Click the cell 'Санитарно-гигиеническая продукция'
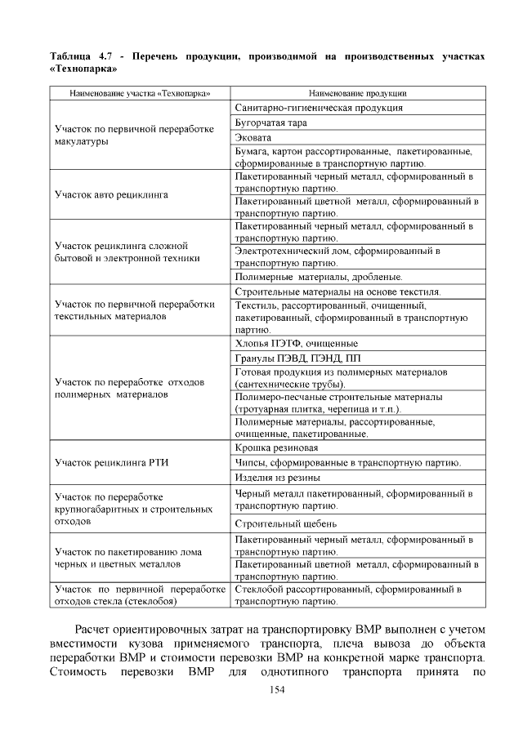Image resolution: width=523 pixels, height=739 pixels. coord(318,108)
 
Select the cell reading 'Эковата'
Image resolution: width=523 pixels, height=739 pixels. coord(253,137)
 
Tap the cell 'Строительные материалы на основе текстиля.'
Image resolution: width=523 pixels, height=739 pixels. coord(337,292)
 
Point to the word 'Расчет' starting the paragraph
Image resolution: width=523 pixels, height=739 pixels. coord(98,629)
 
